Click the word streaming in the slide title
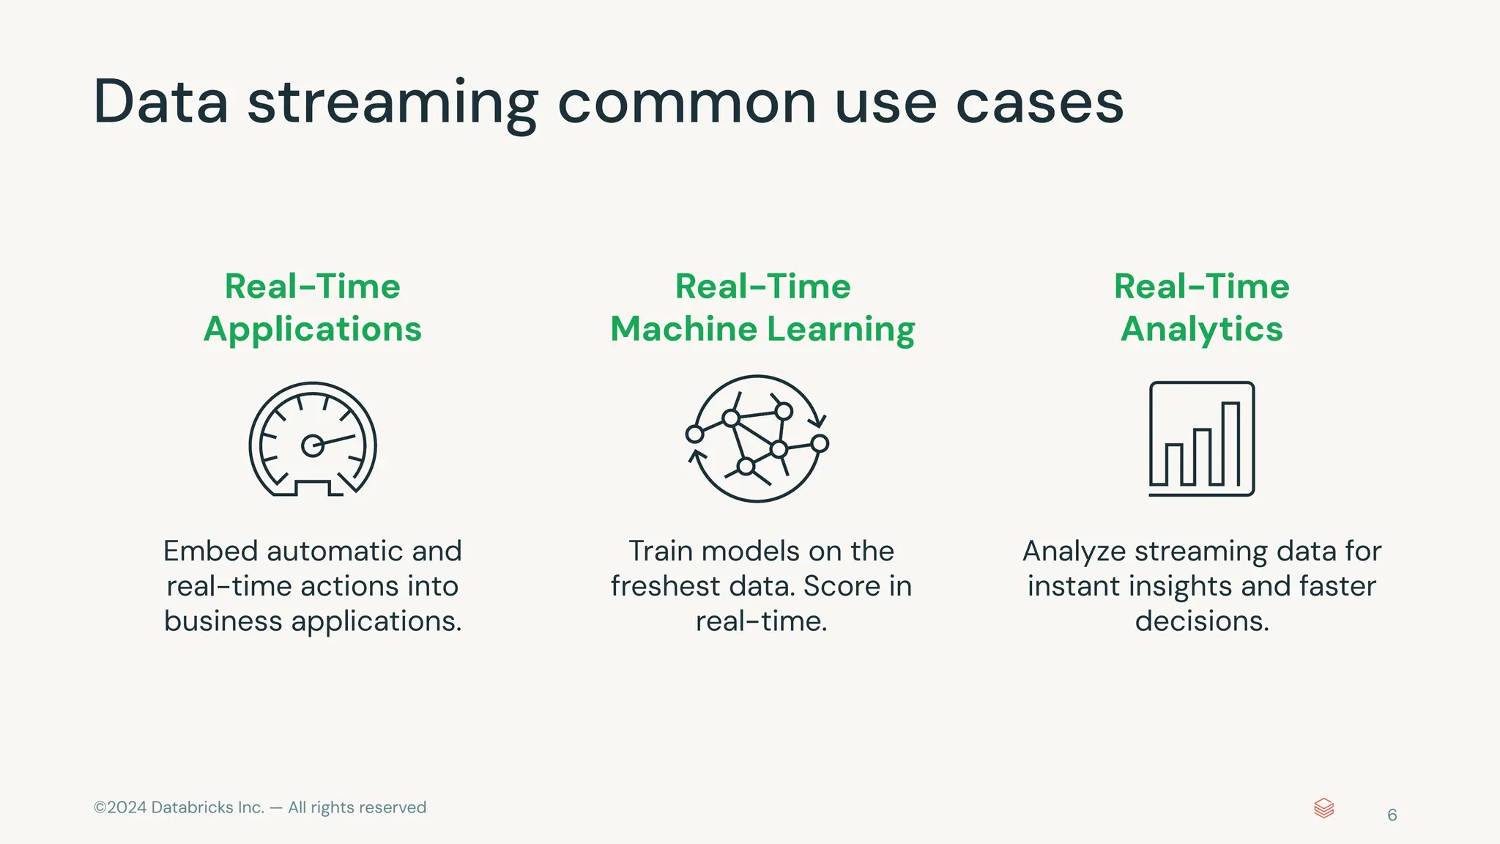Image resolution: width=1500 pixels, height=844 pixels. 392,103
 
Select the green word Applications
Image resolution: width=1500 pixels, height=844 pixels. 313,329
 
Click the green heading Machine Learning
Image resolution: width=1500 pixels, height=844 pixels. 762,329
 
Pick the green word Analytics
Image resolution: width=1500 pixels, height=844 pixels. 1201,329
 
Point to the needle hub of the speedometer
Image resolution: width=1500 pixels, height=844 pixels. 313,445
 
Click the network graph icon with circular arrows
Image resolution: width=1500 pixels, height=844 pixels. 757,439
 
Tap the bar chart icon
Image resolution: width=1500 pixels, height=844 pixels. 1201,439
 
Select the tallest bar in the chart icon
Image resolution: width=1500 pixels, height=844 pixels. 1230,444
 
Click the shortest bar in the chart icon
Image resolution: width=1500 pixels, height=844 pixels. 1174,464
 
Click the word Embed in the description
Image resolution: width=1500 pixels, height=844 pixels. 211,551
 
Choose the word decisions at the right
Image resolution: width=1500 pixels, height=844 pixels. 1201,621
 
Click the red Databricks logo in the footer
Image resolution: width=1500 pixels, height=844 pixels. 1323,808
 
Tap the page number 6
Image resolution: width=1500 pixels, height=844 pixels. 1392,815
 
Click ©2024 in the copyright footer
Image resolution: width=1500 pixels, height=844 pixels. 120,807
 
